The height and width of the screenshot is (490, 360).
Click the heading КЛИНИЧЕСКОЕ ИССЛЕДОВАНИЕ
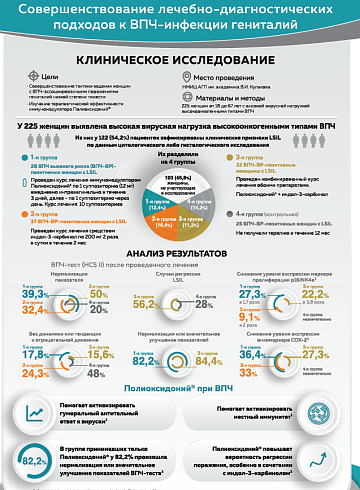coord(180,59)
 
